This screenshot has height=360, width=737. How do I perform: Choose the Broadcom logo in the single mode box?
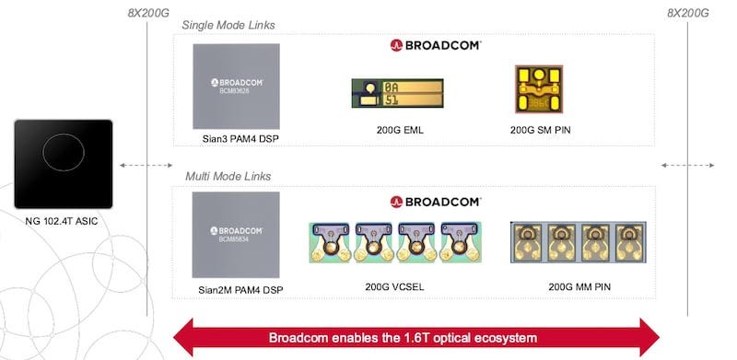click(x=436, y=43)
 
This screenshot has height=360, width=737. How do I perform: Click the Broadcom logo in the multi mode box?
click(x=436, y=200)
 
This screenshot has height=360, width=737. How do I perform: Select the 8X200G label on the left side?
click(x=151, y=13)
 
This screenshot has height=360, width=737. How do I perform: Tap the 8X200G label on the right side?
click(x=687, y=13)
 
